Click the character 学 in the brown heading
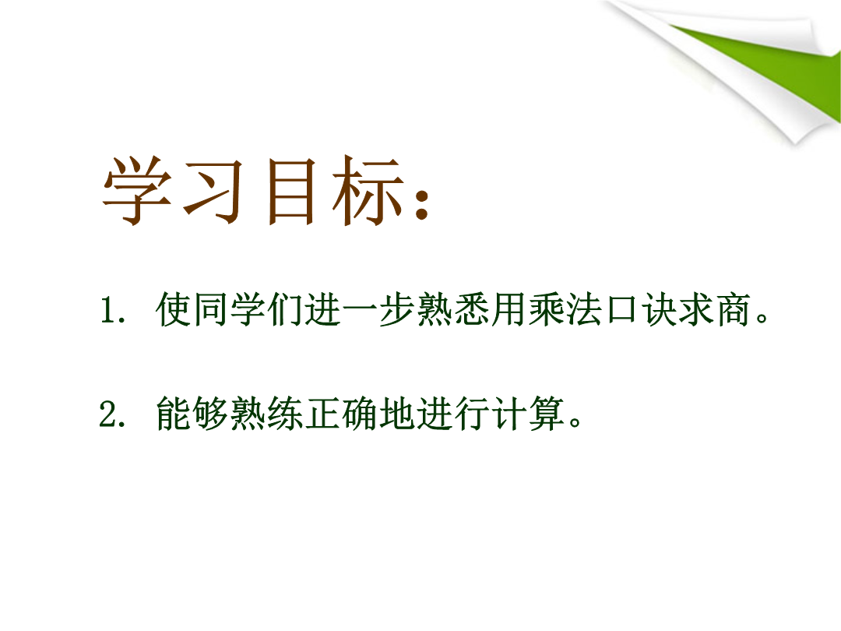(137, 190)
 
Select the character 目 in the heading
(290, 191)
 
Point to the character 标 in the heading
(367, 190)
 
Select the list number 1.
(109, 310)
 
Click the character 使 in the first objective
(174, 309)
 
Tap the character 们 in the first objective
(285, 309)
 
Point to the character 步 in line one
(397, 309)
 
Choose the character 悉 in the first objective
(472, 309)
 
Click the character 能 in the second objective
(174, 413)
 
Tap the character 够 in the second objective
(211, 413)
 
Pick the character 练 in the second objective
(285, 413)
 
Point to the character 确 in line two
(360, 413)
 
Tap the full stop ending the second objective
(575, 421)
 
